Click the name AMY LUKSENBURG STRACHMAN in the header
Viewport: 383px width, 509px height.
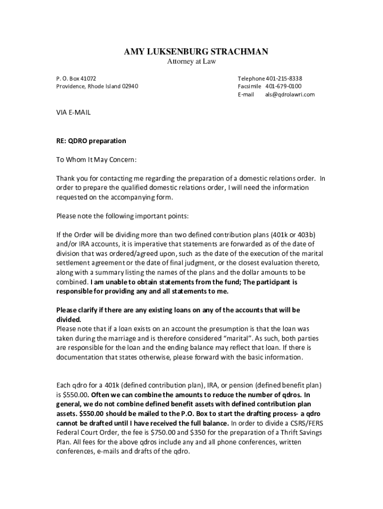(x=195, y=52)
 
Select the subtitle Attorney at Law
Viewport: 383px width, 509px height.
(x=191, y=62)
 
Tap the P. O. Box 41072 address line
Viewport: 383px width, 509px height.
(x=76, y=79)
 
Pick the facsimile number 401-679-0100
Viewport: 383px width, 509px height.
(x=283, y=86)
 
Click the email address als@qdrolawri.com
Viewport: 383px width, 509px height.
(x=289, y=94)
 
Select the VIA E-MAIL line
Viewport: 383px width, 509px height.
(x=73, y=113)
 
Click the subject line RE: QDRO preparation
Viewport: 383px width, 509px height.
(x=91, y=141)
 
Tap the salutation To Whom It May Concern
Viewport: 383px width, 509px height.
(x=96, y=160)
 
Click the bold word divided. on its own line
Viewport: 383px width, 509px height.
(x=68, y=320)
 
